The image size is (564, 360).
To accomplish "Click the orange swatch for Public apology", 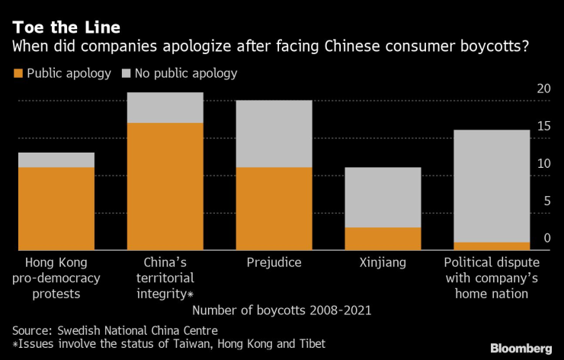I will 18,74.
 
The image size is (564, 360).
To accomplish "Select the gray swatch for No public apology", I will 126,74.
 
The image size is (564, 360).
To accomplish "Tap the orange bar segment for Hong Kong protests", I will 56,207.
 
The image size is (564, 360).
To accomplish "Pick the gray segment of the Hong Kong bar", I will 56,159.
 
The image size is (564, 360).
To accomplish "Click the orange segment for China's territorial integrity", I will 165,185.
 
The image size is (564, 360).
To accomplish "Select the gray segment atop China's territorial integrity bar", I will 165,108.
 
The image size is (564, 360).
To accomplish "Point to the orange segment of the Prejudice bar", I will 274,207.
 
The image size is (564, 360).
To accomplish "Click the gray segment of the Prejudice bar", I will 274,133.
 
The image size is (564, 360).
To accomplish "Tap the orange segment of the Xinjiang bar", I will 383,238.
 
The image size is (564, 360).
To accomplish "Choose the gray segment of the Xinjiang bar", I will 383,197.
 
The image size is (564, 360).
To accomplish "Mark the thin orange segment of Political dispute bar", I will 492,246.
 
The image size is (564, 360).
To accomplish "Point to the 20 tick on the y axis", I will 543,89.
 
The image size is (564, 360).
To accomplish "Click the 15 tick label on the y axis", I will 543,127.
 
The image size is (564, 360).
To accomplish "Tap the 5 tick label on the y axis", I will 546,201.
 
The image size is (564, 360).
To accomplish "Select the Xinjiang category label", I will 383,263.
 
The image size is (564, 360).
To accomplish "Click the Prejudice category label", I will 274,263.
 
